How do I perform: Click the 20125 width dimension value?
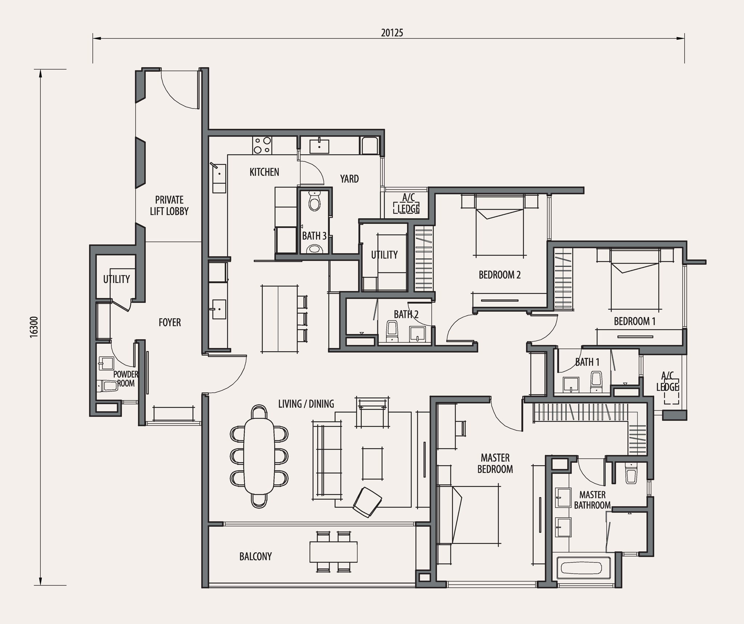pos(392,33)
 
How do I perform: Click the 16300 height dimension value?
pos(34,327)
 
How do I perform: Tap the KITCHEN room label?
pos(264,172)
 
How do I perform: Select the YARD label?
pos(349,179)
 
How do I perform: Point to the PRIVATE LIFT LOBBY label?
pos(169,206)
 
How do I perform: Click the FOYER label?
pos(170,322)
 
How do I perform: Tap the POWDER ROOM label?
pos(126,378)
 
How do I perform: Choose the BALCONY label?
pos(255,556)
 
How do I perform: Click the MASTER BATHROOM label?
pos(592,500)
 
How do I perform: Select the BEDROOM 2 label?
pos(500,275)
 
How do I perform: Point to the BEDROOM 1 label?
pos(635,321)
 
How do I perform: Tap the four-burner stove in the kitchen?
pos(262,145)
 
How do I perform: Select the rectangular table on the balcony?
pos(333,552)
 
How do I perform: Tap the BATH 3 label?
pos(314,236)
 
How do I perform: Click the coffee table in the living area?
pos(372,463)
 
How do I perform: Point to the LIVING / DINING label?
pos(306,404)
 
